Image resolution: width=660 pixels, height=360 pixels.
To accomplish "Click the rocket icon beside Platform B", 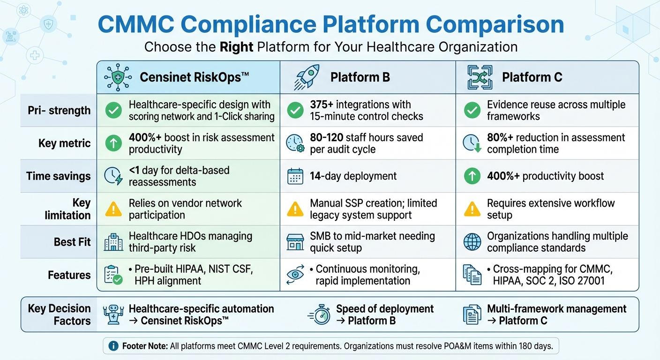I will coord(307,77).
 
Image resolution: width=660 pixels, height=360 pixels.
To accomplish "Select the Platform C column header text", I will coord(532,77).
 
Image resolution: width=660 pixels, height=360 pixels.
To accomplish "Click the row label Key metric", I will coord(65,143).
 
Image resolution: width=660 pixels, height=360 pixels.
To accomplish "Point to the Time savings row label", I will coord(59,176).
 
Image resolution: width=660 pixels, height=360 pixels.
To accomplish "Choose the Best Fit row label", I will coord(72,242).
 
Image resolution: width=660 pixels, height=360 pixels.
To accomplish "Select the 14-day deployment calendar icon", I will coord(295,176).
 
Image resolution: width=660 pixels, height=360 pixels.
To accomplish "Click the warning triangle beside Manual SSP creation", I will coord(295,210).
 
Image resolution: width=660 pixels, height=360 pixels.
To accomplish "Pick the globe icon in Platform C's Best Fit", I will coord(472,242).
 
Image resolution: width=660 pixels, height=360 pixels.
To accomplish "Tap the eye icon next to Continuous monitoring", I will coord(295,275).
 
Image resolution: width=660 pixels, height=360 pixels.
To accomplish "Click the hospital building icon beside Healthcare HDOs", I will coord(113,242).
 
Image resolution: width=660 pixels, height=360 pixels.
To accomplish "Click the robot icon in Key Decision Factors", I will coord(113,315).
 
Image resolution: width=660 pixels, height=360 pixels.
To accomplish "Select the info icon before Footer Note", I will coord(113,346).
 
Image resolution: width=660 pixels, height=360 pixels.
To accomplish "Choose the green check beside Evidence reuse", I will coord(472,111).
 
